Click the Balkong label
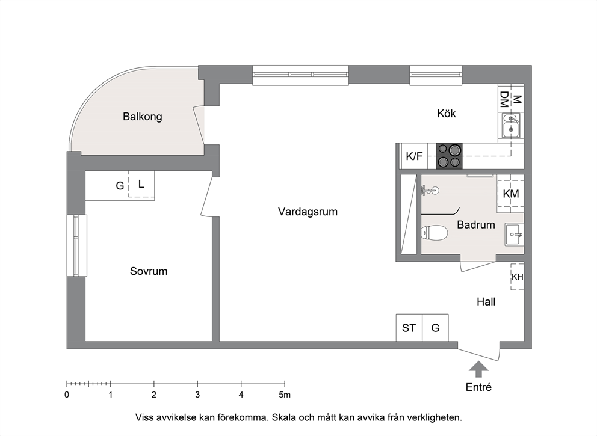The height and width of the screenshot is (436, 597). [x=143, y=117]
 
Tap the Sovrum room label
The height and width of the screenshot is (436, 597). [x=149, y=271]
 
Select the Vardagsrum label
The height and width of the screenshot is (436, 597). [x=308, y=212]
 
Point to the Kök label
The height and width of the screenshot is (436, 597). [x=446, y=114]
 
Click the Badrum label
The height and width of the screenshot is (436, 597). [x=476, y=224]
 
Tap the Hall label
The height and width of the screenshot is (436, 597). [x=486, y=302]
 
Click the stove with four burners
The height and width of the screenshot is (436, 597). [x=450, y=156]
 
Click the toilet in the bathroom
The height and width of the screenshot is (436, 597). [x=435, y=233]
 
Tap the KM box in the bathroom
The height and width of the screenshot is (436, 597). [x=510, y=194]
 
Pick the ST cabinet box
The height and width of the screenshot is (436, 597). [x=409, y=328]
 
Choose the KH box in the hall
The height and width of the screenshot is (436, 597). [x=518, y=277]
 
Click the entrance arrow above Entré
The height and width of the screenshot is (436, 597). [x=478, y=369]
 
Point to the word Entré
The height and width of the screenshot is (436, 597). [x=478, y=387]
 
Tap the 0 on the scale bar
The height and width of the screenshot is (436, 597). [x=67, y=395]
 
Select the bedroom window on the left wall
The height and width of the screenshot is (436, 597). [x=76, y=245]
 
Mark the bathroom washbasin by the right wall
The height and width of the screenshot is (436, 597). [x=515, y=235]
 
